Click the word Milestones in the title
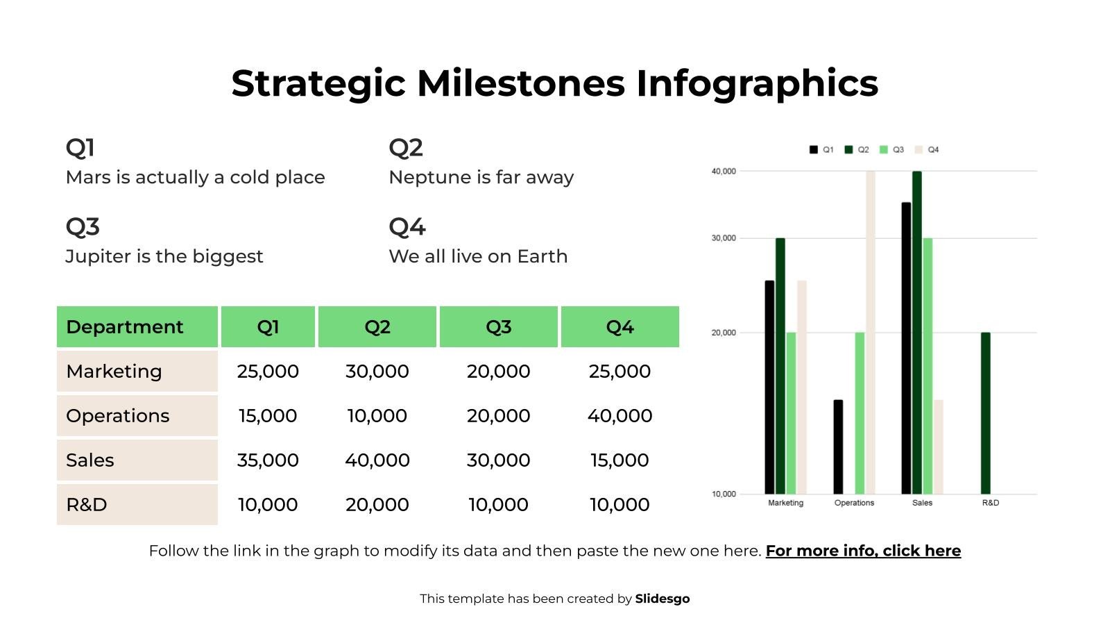click(521, 83)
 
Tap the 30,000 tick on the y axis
click(723, 238)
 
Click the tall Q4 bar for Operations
click(870, 333)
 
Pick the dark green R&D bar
click(985, 413)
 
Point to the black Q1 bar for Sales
click(906, 347)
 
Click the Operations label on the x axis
click(854, 503)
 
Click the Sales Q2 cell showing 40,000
click(377, 460)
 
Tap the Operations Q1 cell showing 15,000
click(268, 416)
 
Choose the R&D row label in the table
click(87, 505)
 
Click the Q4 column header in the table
click(620, 327)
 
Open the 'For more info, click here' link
click(863, 551)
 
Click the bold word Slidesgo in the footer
click(662, 599)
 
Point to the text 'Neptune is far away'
click(481, 177)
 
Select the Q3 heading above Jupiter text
click(83, 226)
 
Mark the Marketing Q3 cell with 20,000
click(498, 372)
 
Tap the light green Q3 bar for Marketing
click(791, 413)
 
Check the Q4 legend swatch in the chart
click(919, 149)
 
